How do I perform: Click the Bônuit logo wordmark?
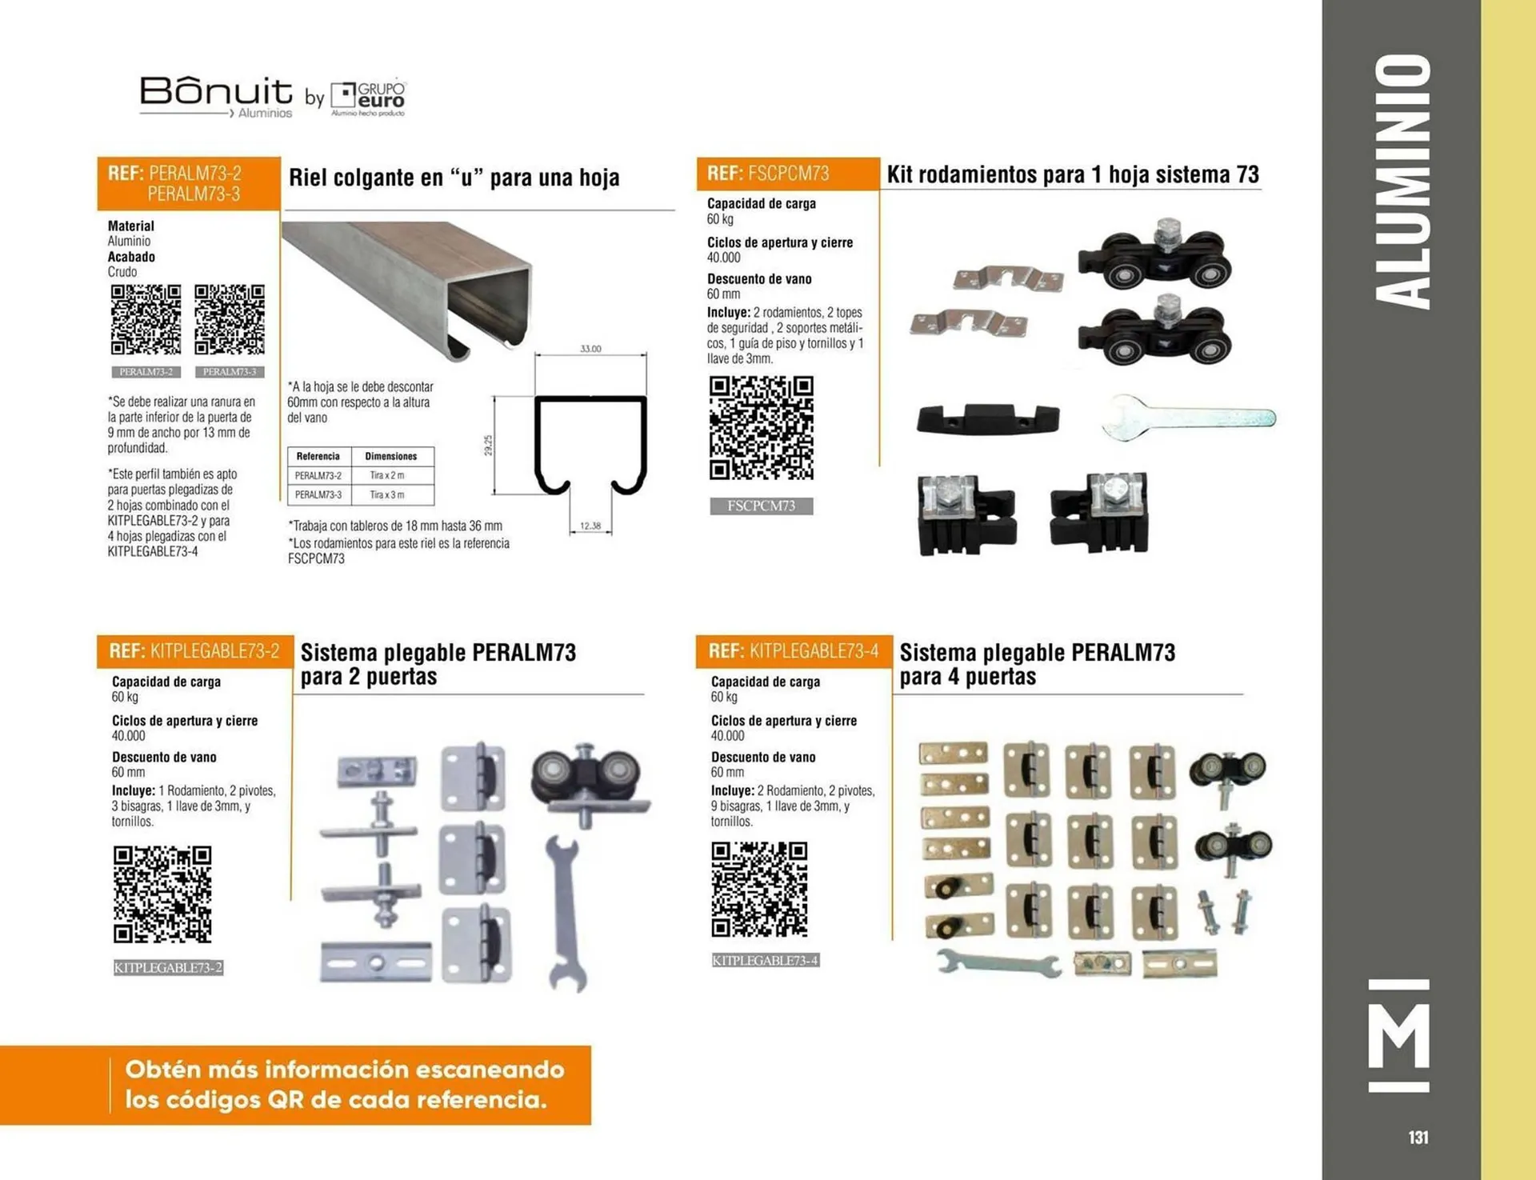click(216, 92)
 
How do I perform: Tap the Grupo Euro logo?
click(369, 98)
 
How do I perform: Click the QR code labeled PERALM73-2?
click(146, 319)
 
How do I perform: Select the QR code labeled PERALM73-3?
click(230, 319)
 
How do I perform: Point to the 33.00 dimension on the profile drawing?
click(590, 349)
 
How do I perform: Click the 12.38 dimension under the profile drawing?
click(590, 526)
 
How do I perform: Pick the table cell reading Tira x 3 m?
click(387, 495)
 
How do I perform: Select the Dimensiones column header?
click(391, 456)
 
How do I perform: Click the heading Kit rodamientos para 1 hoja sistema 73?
click(1073, 174)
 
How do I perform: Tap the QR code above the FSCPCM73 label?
click(762, 428)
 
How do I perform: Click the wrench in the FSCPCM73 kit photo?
click(1189, 417)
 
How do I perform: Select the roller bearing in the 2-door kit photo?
click(590, 785)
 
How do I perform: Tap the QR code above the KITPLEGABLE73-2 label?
click(162, 894)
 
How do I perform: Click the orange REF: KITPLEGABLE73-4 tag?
click(794, 651)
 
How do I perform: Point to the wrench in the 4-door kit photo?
click(998, 962)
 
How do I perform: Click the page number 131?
click(1418, 1137)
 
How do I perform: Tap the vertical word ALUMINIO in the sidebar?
click(1402, 182)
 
